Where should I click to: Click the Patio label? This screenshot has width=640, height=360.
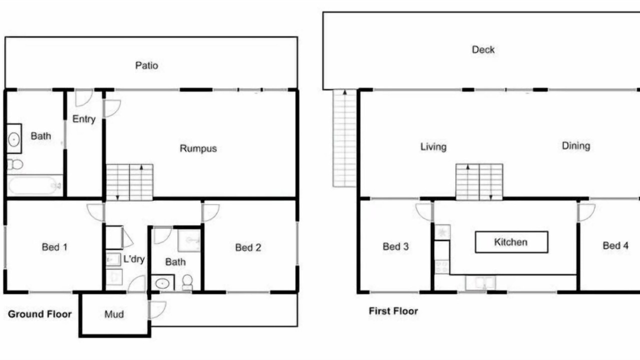[146, 65]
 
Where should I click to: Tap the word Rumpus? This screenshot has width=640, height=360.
[198, 148]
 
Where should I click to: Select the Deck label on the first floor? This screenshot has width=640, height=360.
[483, 49]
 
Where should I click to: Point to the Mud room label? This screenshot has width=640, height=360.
[114, 314]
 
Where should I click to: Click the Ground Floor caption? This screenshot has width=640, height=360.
[39, 314]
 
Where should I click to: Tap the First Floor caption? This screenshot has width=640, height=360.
[393, 311]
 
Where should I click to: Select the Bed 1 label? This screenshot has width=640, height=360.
[54, 247]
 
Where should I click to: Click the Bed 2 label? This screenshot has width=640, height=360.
[248, 247]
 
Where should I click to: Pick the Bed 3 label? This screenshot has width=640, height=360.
[395, 246]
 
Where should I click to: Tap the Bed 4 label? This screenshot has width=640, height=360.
[615, 245]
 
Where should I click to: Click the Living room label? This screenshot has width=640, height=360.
[433, 147]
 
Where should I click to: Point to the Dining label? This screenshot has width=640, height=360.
[576, 146]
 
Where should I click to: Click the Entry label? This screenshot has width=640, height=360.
[84, 119]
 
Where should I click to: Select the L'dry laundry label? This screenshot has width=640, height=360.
[133, 259]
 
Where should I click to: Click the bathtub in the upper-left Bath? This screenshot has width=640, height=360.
[35, 185]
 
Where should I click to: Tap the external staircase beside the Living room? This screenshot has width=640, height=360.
[344, 138]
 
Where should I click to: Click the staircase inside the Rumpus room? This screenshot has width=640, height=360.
[129, 182]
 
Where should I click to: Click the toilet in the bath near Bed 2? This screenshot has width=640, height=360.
[187, 282]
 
